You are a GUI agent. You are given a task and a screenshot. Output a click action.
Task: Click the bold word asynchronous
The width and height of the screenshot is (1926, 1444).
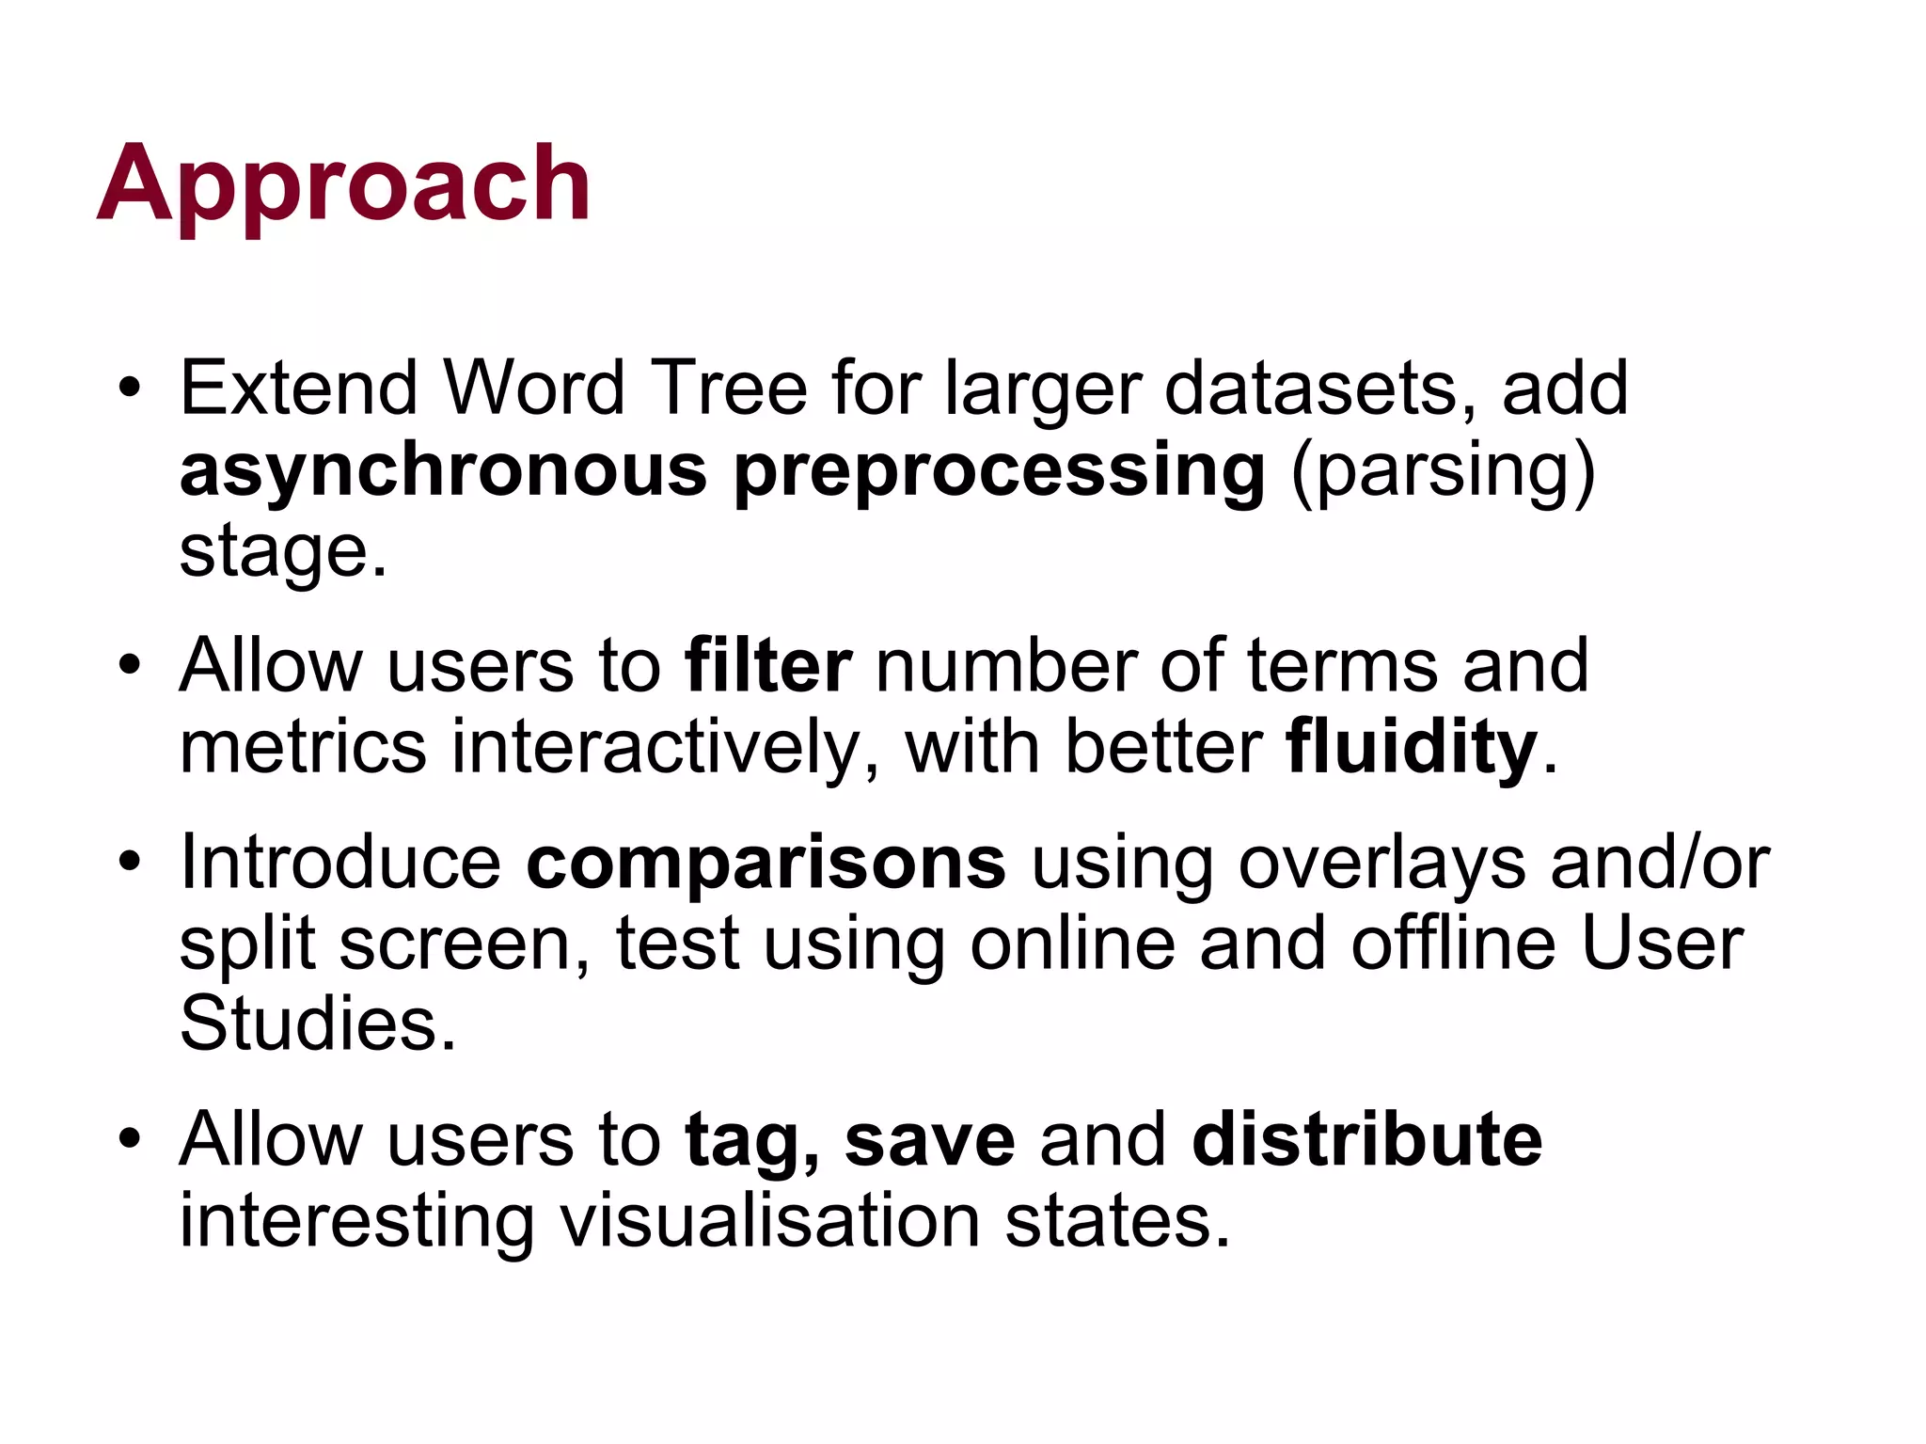[443, 470]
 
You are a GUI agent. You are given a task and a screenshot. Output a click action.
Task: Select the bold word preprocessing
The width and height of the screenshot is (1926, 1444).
[999, 470]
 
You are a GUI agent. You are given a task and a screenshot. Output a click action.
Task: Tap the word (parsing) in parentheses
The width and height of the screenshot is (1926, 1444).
[1443, 470]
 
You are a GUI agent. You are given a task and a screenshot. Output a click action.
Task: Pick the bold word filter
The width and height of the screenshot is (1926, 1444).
[768, 666]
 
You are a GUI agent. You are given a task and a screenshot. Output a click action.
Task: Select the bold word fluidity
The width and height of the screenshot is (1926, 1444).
[1412, 747]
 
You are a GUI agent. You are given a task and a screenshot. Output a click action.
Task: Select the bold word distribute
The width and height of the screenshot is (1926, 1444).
[1366, 1139]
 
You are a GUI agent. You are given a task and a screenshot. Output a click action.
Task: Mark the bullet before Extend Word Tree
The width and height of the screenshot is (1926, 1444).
[130, 388]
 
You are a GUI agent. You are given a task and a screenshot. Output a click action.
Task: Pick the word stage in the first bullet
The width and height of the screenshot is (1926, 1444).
[274, 551]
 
